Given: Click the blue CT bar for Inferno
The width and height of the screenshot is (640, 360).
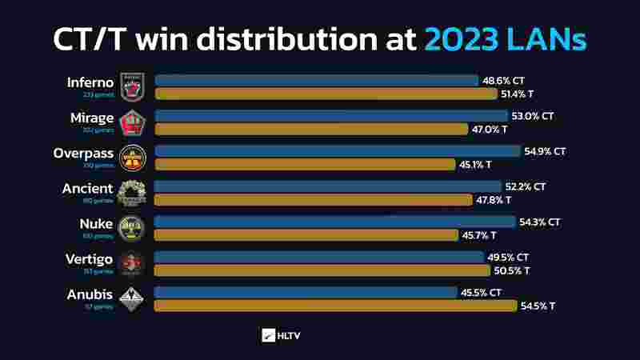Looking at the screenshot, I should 316,81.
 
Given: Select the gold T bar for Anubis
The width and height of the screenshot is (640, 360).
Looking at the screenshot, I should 336,306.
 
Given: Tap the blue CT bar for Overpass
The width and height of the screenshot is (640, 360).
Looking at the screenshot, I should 337,151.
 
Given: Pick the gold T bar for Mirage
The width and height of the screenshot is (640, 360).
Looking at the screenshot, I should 310,129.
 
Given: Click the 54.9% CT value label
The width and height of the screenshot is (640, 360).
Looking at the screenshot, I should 545,151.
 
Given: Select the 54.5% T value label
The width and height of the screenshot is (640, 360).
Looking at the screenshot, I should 538,306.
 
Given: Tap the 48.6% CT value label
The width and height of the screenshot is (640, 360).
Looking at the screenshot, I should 503,81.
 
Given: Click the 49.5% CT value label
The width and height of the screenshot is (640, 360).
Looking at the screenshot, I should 506,258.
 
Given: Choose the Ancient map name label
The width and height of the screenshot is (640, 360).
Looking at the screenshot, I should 88,189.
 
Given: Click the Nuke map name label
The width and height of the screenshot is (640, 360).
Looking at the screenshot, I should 96,224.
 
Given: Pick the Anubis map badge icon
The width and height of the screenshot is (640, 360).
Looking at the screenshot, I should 131,298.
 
